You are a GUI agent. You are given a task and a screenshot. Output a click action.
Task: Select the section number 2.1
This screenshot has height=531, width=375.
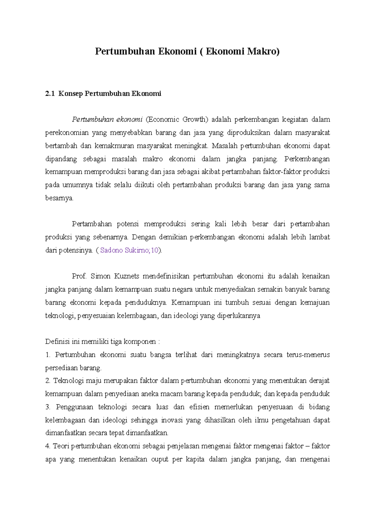pyautogui.click(x=50, y=94)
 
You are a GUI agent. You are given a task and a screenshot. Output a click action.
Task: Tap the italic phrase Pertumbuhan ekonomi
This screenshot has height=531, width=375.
pyautogui.click(x=107, y=119)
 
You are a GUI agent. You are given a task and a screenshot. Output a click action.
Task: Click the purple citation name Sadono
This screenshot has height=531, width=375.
pyautogui.click(x=111, y=250)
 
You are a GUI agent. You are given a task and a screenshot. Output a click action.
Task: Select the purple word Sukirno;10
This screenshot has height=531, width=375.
pyautogui.click(x=142, y=250)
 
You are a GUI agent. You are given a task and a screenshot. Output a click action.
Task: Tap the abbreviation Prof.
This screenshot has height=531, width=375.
pyautogui.click(x=79, y=276)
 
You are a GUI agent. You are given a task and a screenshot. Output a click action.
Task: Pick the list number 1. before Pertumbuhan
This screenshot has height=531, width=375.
pyautogui.click(x=48, y=355)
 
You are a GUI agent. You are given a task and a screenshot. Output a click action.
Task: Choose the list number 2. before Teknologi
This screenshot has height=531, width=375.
pyautogui.click(x=48, y=381)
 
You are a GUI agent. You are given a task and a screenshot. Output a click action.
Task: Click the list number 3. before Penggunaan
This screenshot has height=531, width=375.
pyautogui.click(x=48, y=407)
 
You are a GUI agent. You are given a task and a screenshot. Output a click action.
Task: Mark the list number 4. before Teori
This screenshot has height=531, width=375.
pyautogui.click(x=48, y=446)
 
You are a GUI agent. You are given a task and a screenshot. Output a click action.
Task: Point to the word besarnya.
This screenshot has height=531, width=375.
pyautogui.click(x=59, y=198)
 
